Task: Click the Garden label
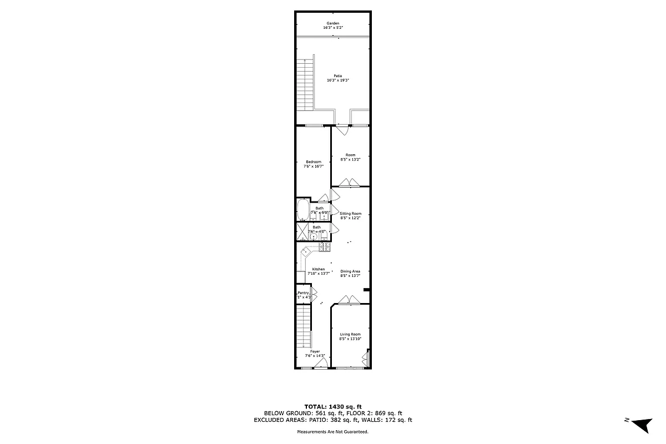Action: tap(332, 23)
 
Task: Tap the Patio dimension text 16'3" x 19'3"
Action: tap(337, 80)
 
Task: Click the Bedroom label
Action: tap(314, 162)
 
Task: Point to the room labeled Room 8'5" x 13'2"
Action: tap(350, 157)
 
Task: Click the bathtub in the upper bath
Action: tap(302, 211)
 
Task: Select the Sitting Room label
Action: tap(350, 214)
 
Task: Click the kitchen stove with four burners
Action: tap(325, 246)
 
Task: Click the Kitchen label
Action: tap(319, 269)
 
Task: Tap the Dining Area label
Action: tap(350, 271)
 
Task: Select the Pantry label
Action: tap(303, 292)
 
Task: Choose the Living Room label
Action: tap(350, 334)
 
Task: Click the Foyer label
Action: tap(315, 351)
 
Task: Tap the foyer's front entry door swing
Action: tap(320, 364)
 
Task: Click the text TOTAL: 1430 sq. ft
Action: tap(333, 407)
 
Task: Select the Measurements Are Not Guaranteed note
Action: tap(333, 431)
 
